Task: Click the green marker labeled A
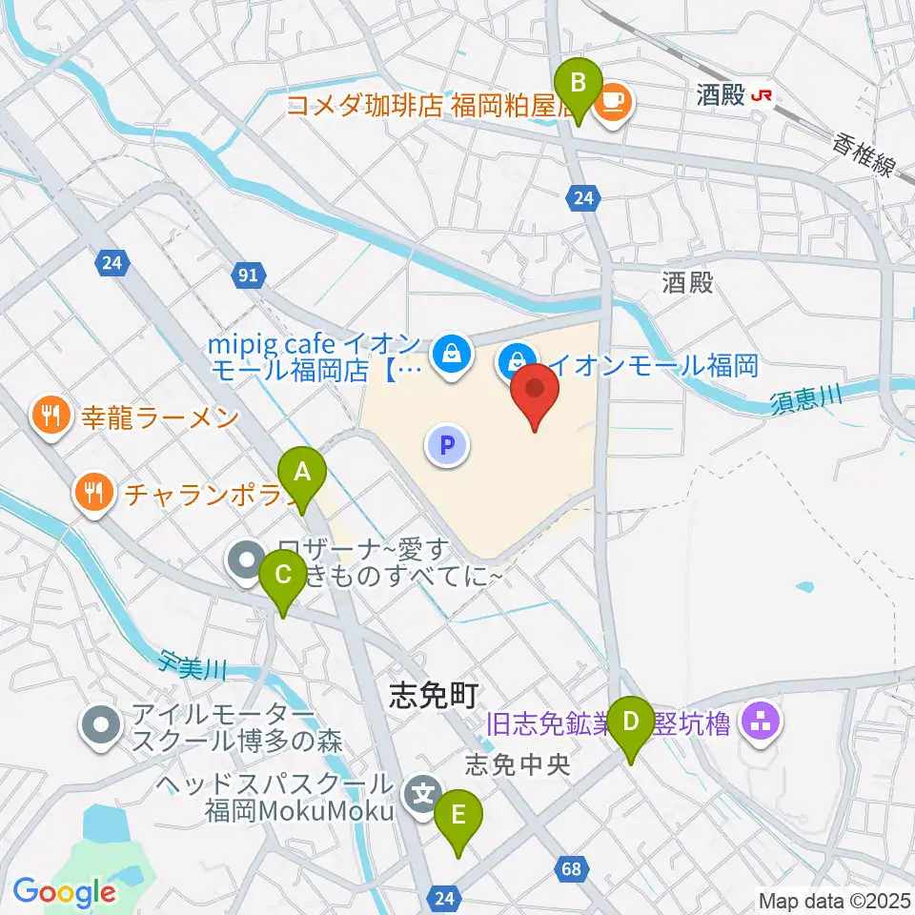pyautogui.click(x=302, y=472)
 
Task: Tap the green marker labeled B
pyautogui.click(x=578, y=83)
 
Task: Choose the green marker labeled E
pyautogui.click(x=458, y=817)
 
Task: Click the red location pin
pyautogui.click(x=535, y=392)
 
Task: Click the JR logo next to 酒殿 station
pyautogui.click(x=762, y=95)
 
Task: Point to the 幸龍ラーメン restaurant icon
pyautogui.click(x=50, y=416)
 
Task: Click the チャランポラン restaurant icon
pyautogui.click(x=92, y=493)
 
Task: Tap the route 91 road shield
pyautogui.click(x=248, y=276)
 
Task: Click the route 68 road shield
pyautogui.click(x=571, y=868)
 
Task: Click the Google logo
pyautogui.click(x=63, y=892)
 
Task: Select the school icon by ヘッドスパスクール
pyautogui.click(x=421, y=794)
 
